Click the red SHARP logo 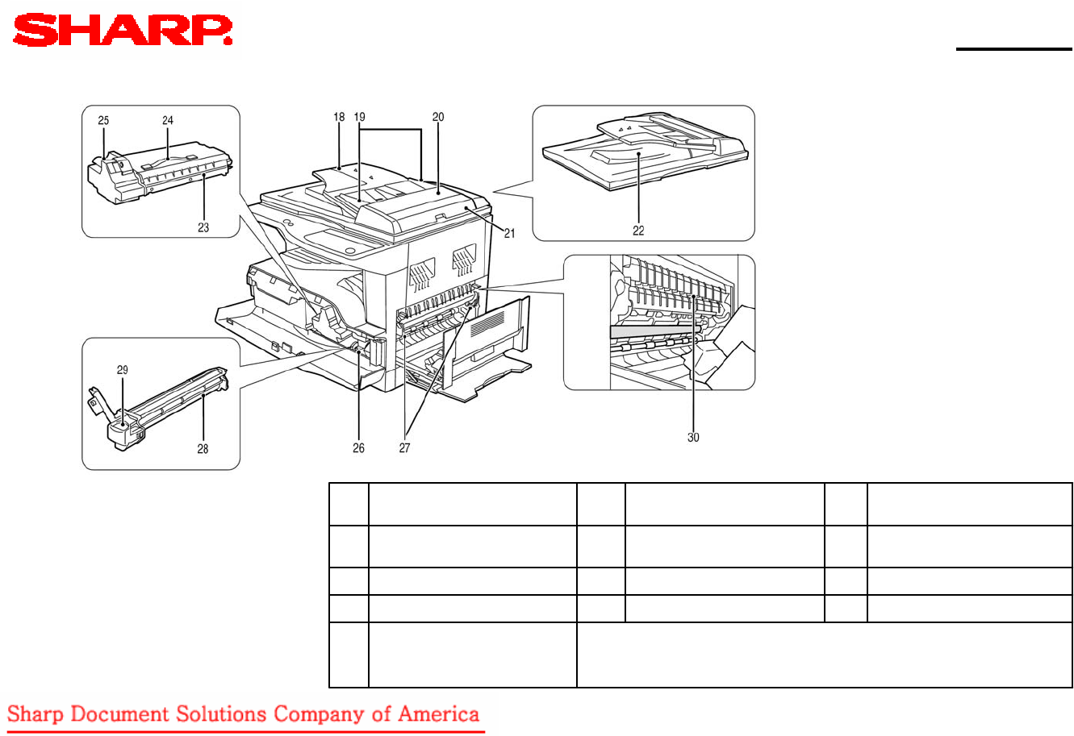coord(123,30)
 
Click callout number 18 coord(339,117)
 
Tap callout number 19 coord(360,117)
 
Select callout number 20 coord(438,117)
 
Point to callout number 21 coord(509,233)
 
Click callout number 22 coord(638,231)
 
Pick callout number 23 coord(203,227)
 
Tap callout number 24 coord(167,120)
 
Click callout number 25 coord(103,120)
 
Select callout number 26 coord(358,447)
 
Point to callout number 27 coord(405,447)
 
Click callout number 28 coord(203,449)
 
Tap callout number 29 coord(123,370)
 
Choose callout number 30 coord(693,437)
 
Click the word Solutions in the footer coord(220,714)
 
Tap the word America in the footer coord(438,714)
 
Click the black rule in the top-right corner coord(1014,49)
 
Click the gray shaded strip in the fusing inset coord(654,331)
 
